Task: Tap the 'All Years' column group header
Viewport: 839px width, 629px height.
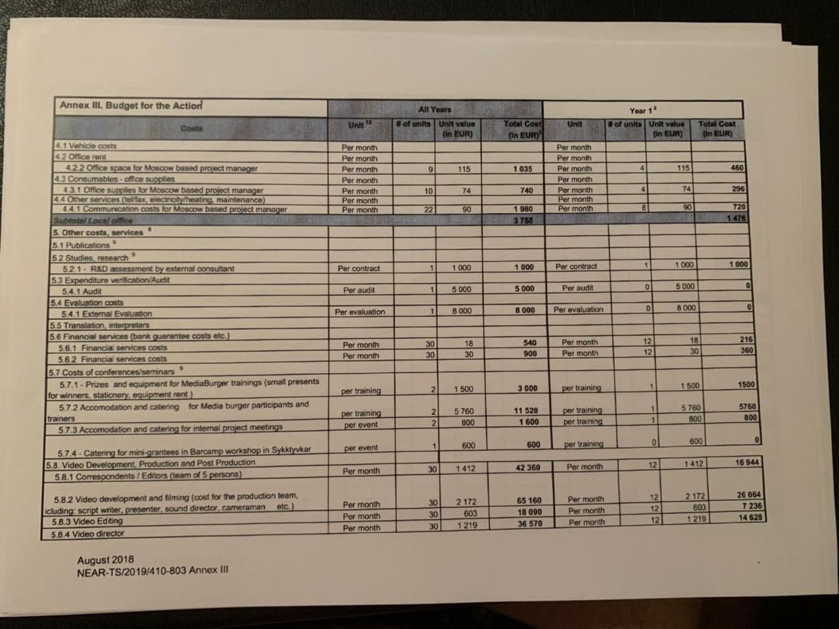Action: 435,109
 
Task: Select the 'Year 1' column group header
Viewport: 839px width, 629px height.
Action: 638,111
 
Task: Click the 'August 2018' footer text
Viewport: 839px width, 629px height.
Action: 105,559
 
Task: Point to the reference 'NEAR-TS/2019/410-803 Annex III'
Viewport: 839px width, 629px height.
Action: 153,570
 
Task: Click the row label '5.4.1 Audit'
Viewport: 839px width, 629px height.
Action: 82,291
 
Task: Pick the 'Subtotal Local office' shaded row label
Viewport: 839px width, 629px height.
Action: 93,220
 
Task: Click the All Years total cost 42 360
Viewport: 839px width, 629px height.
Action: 527,468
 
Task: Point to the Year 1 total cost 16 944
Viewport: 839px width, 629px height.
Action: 746,463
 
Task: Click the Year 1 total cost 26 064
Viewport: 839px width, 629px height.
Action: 748,495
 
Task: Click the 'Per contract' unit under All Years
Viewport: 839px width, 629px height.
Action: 358,268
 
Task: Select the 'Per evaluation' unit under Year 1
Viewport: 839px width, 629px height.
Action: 578,309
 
